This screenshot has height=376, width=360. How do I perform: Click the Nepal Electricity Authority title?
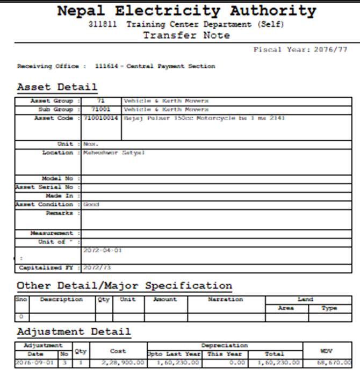click(x=186, y=11)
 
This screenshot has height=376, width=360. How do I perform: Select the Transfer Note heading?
click(x=186, y=35)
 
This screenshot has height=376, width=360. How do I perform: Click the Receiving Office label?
click(x=51, y=66)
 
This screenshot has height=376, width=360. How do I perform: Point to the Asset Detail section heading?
click(x=57, y=86)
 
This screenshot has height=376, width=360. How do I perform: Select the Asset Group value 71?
click(x=100, y=101)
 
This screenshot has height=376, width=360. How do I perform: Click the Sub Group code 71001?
click(x=100, y=110)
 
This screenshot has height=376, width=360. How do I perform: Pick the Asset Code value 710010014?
click(x=100, y=118)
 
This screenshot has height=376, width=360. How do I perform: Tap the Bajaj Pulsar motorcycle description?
click(x=204, y=118)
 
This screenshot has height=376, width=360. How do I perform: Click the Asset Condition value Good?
click(x=91, y=205)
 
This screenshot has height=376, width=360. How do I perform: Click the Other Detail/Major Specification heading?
click(x=124, y=285)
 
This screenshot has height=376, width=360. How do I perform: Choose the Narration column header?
click(x=226, y=300)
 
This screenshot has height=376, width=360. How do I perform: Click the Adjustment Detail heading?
click(x=74, y=331)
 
